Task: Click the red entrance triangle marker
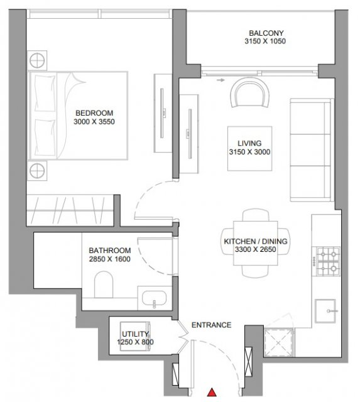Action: coord(212,392)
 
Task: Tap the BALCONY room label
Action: coord(266,33)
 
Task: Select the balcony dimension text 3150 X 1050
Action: coord(265,41)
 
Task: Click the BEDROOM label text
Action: coord(94,113)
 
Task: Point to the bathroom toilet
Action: coord(104,285)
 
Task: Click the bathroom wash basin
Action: coord(154,298)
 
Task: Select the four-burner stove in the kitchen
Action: coord(328,261)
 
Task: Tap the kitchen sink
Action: coord(325,311)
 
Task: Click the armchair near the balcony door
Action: coord(250,92)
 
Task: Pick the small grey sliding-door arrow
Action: coord(221,80)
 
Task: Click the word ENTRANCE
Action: coord(211,325)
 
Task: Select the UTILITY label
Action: coord(135,334)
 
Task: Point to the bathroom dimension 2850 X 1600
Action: coord(110,259)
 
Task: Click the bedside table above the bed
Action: coord(37,60)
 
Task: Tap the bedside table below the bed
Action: coord(37,171)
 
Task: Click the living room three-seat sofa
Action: coord(312,150)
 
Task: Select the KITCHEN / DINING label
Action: coord(256,241)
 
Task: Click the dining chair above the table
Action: coord(256,215)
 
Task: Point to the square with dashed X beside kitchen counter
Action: coord(279,342)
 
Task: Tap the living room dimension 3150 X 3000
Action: coord(249,152)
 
